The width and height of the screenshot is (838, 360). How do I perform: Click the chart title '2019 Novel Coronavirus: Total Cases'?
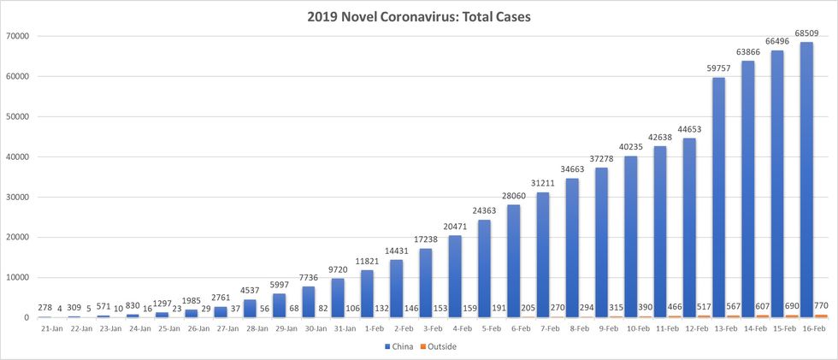pyautogui.click(x=419, y=16)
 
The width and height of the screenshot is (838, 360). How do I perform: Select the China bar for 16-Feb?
pyautogui.click(x=806, y=180)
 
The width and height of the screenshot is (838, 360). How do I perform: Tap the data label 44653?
pyautogui.click(x=689, y=130)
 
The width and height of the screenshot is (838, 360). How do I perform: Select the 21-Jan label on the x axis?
pyautogui.click(x=50, y=328)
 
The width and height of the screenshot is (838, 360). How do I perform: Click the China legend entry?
pyautogui.click(x=400, y=347)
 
